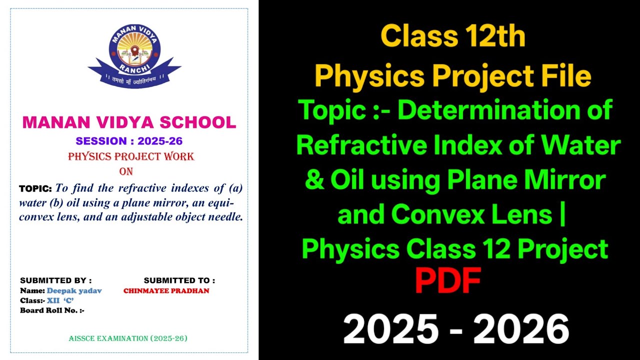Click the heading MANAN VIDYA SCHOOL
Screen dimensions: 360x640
[x=129, y=122]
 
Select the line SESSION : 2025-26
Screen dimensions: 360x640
[x=129, y=141]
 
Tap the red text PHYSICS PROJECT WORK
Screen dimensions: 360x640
[x=131, y=156]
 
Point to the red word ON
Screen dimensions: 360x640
[x=126, y=171]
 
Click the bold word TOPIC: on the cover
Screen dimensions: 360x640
[x=35, y=189]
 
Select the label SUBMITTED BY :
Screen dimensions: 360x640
[x=55, y=280]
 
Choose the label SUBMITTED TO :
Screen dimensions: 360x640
[x=179, y=280]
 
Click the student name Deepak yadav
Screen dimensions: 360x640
[x=74, y=290]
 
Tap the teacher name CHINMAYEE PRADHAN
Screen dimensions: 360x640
[x=166, y=290]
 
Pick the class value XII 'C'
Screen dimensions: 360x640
[x=60, y=300]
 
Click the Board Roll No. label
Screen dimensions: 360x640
[x=52, y=310]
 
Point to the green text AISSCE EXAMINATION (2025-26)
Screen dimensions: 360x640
[x=128, y=338]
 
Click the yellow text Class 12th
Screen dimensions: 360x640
[x=452, y=36]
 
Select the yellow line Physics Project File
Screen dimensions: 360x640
[x=452, y=76]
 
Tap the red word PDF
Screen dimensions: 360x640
[x=447, y=281]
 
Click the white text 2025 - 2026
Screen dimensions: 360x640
[x=455, y=329]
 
